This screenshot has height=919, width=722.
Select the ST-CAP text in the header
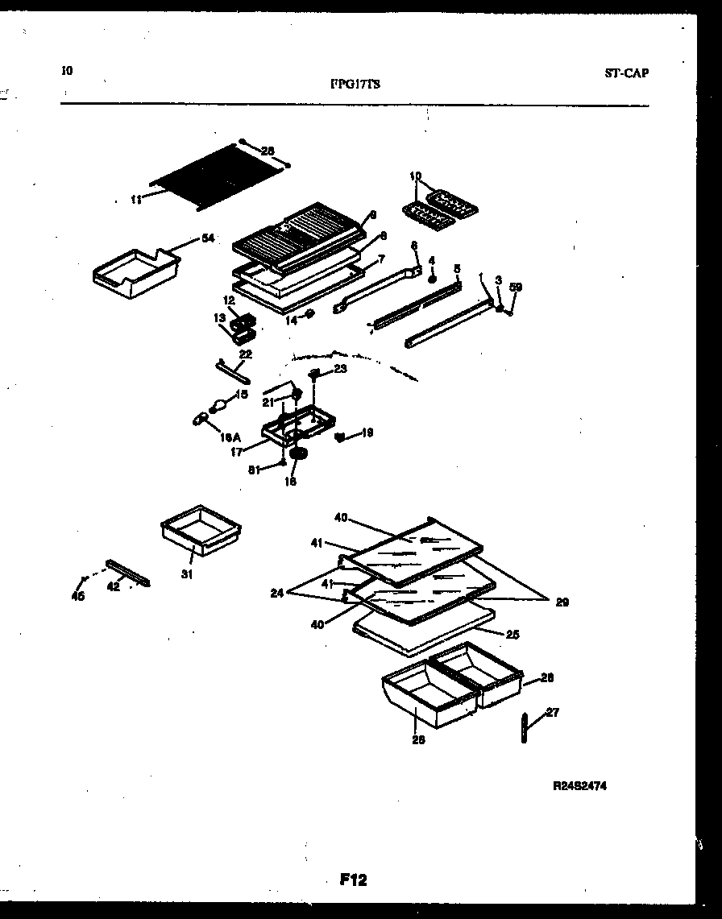(626, 73)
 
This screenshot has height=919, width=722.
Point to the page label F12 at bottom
(353, 880)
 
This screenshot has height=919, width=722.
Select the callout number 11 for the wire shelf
(135, 199)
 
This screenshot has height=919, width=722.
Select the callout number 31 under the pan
(187, 575)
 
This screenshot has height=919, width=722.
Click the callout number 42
(114, 587)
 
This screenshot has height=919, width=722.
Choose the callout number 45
(78, 596)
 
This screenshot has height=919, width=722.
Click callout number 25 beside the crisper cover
(512, 635)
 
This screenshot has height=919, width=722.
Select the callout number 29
(562, 602)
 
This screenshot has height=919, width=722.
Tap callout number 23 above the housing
(340, 368)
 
